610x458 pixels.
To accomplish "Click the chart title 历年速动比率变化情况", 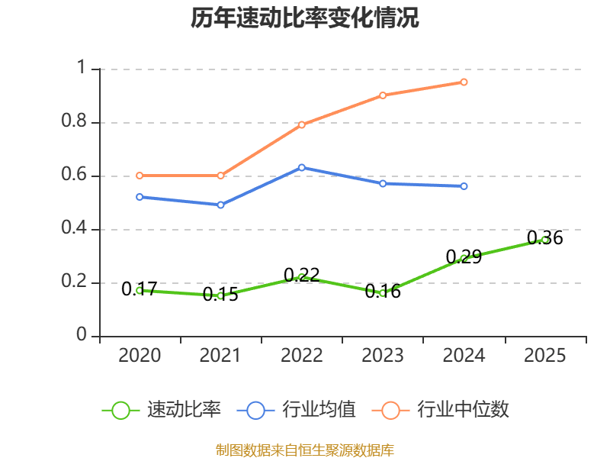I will click(305, 18).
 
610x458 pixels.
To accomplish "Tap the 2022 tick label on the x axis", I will click(302, 355).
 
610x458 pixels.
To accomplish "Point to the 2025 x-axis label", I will click(545, 355).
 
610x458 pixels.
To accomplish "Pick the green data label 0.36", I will click(545, 238).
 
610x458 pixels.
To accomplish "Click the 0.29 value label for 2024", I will click(464, 256).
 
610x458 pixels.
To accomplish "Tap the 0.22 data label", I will click(302, 275).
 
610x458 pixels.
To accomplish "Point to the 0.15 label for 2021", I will click(220, 294).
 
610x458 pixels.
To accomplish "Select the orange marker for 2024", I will click(464, 82).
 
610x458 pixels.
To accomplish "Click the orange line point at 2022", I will click(302, 124).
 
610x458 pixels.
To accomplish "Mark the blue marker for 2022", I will click(302, 167).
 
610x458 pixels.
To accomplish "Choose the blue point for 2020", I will click(140, 197).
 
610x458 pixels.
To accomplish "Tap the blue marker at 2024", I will click(464, 186).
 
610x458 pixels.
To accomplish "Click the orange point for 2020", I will click(140, 176).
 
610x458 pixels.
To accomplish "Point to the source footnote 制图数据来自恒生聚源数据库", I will click(305, 450).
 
